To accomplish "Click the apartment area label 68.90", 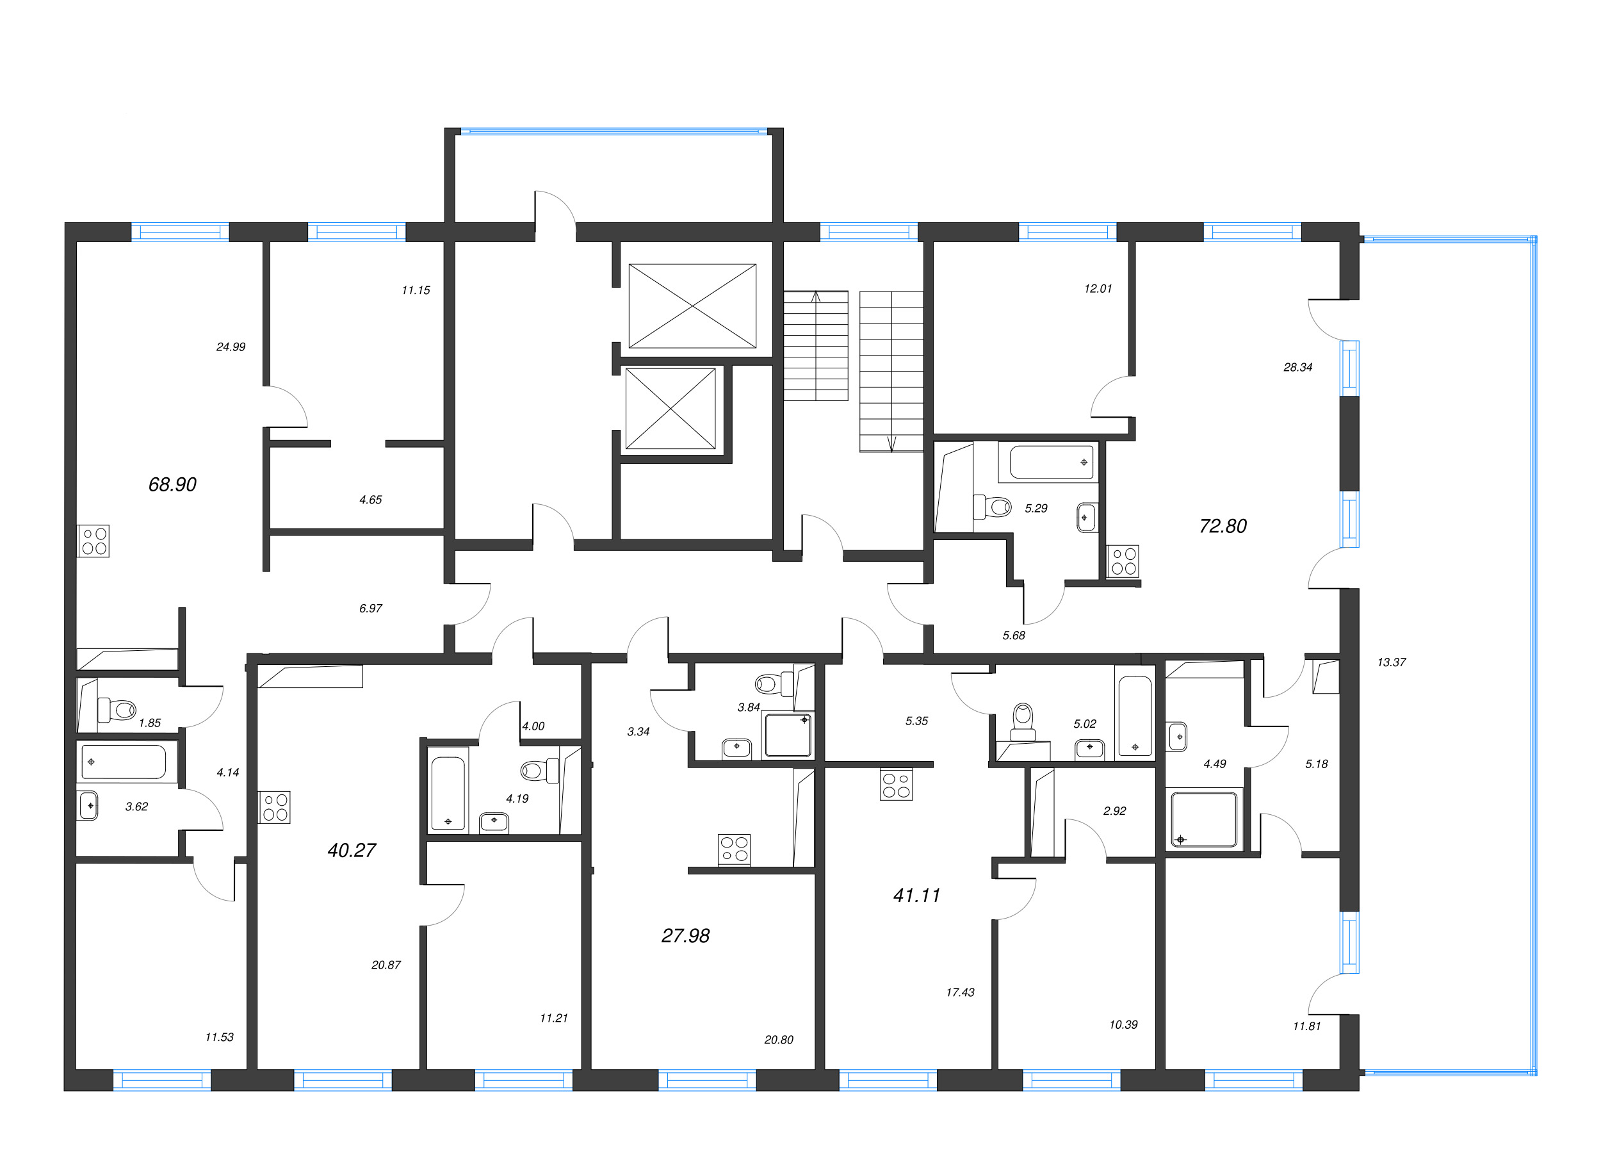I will (172, 484).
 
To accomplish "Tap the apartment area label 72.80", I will (1223, 526).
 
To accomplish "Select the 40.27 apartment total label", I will (352, 850).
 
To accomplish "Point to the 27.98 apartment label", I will (685, 935).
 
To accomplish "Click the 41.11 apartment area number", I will (916, 895).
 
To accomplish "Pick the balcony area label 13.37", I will (1391, 662).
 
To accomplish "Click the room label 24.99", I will (231, 347).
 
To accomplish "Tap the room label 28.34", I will (1297, 367).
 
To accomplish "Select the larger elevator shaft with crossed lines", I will (692, 306).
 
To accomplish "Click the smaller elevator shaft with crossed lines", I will (670, 408).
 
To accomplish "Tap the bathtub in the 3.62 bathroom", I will (124, 762).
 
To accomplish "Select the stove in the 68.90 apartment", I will (93, 541).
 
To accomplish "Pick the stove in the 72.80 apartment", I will (1123, 561).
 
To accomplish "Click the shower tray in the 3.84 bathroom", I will (788, 735).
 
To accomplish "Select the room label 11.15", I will (416, 290).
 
